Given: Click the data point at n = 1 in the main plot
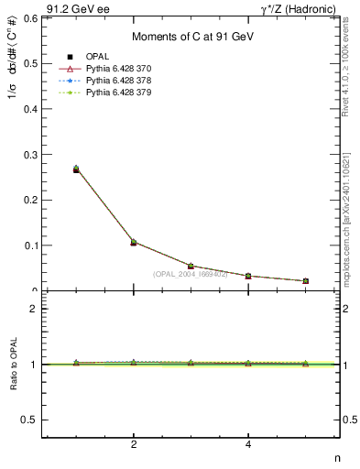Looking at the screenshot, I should pyautogui.click(x=76, y=169).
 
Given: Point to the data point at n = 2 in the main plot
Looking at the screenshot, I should pyautogui.click(x=134, y=242).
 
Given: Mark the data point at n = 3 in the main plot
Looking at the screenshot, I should pyautogui.click(x=191, y=267).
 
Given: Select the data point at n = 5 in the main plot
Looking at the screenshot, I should pyautogui.click(x=305, y=281).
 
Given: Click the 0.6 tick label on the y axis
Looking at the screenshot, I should pyautogui.click(x=30, y=18).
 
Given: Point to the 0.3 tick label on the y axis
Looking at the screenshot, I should pyautogui.click(x=30, y=154).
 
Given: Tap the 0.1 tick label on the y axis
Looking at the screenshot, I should pyautogui.click(x=30, y=245).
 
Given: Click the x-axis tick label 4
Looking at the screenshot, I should pyautogui.click(x=248, y=446).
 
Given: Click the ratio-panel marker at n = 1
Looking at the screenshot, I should pyautogui.click(x=76, y=363).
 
